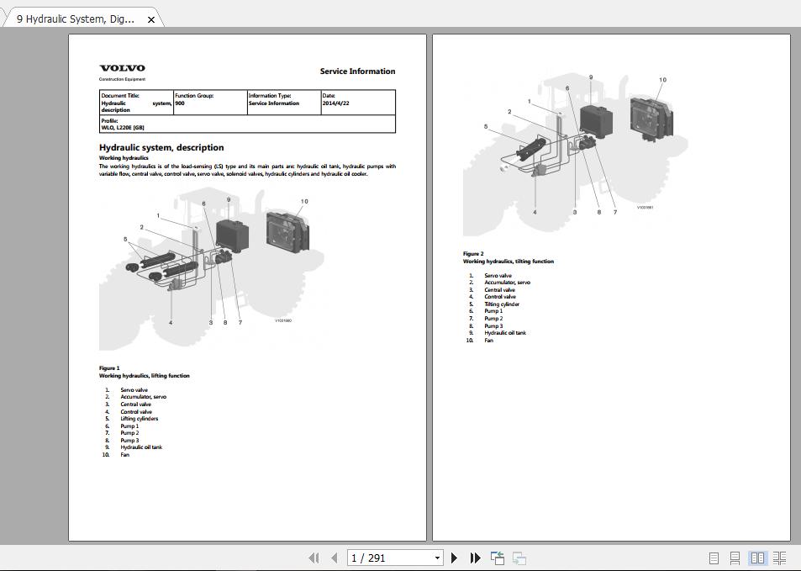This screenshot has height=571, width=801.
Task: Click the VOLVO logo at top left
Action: pos(122,68)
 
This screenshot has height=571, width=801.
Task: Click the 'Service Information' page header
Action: pos(357,71)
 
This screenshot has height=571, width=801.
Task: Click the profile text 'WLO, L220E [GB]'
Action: pos(123,128)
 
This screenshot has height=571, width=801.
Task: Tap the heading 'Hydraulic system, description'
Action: pos(161,147)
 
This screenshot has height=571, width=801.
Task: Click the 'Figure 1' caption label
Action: pos(109,368)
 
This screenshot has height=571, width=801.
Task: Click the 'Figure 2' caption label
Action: pos(473,254)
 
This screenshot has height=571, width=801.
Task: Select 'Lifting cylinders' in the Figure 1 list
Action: pos(139,419)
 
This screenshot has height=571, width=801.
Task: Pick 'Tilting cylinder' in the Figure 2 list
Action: pos(502,304)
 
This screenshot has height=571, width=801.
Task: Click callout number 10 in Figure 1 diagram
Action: pos(304,202)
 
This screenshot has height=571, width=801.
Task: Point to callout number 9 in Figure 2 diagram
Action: pos(591,77)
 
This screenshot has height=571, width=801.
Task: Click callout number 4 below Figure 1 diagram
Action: pos(171,323)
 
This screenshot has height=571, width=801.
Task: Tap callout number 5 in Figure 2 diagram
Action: pos(486,127)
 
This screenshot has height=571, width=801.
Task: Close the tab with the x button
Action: pos(151,19)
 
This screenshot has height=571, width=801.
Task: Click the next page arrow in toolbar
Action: pos(455,558)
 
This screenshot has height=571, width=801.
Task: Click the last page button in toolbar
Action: pos(475,558)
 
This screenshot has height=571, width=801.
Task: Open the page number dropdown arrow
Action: pos(437,558)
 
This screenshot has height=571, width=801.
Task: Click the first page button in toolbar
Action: pos(314,558)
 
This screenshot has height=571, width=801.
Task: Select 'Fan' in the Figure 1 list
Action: pos(124,455)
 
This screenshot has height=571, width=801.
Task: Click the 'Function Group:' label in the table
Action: pos(194,96)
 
